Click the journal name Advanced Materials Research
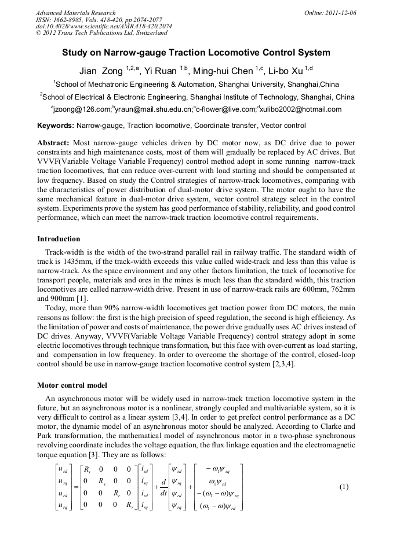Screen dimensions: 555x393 [x=75, y=13]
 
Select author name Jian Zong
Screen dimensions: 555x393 [x=101, y=71]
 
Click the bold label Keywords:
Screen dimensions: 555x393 [x=56, y=125]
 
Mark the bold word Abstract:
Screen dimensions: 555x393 [x=53, y=142]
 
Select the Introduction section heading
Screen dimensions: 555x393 [x=59, y=239]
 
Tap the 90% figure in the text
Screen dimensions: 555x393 [x=109, y=308]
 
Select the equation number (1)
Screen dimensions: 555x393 [x=344, y=487]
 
